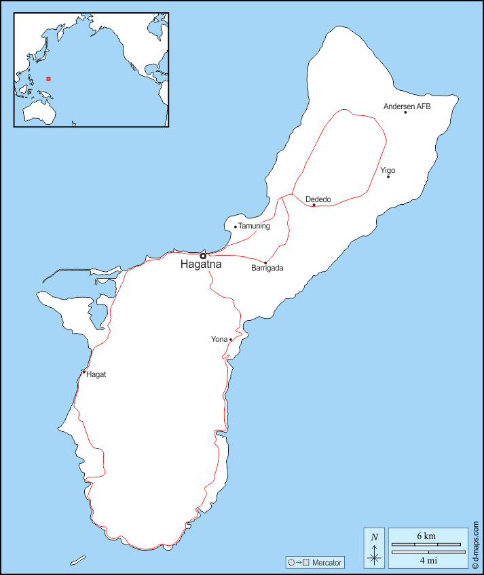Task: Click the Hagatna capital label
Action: (201, 265)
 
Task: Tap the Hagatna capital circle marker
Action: (202, 256)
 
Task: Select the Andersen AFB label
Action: (407, 106)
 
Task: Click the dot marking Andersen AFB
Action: (406, 113)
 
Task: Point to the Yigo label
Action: (388, 170)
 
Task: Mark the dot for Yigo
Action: (388, 177)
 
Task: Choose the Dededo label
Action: (318, 199)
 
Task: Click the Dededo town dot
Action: (314, 205)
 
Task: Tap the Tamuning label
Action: (255, 226)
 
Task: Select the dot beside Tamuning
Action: (236, 226)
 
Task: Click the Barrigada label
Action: (267, 268)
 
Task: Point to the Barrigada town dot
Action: (265, 262)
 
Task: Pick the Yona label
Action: (219, 339)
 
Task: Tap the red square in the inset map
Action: (48, 79)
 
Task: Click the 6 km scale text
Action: (426, 536)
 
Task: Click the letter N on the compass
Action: (374, 538)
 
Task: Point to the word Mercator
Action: (327, 563)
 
